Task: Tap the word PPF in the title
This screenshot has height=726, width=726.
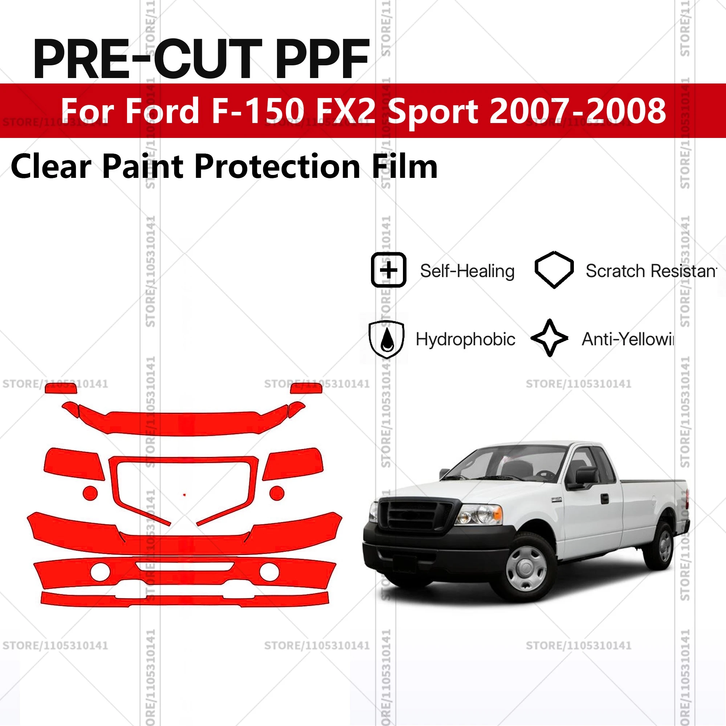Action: coord(322,60)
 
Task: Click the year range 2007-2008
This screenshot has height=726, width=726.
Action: coord(578,110)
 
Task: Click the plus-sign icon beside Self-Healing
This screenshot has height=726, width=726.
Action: coord(388,270)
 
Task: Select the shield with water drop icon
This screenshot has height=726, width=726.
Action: coord(386,339)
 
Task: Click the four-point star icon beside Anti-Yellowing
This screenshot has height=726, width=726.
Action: coord(550,338)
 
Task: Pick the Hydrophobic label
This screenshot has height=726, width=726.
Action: coord(465,339)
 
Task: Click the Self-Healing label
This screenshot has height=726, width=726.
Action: coord(467,271)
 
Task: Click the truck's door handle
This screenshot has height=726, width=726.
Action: coord(605,499)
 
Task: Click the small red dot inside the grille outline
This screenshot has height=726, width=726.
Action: coord(184,495)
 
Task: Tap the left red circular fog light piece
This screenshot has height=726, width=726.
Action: coord(90,493)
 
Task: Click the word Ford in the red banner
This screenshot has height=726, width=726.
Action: coord(162,110)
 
